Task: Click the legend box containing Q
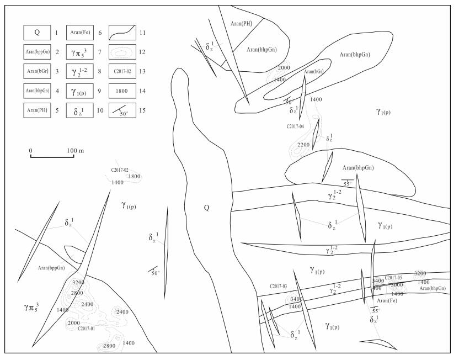click(x=37, y=33)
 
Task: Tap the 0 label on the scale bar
click(x=31, y=151)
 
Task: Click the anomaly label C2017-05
click(x=397, y=277)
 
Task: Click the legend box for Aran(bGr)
click(x=37, y=71)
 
